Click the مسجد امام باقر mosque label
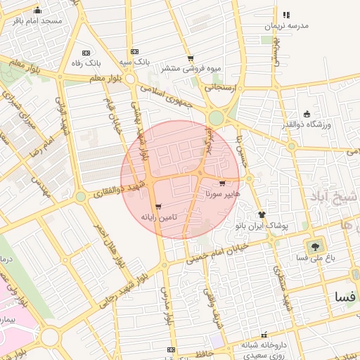(37, 21)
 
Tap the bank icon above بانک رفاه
(86, 53)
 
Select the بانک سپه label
(134, 62)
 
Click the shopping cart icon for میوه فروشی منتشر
(190, 58)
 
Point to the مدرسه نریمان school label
(286, 25)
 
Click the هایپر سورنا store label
(223, 193)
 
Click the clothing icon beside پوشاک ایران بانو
(262, 214)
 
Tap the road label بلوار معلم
(105, 78)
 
